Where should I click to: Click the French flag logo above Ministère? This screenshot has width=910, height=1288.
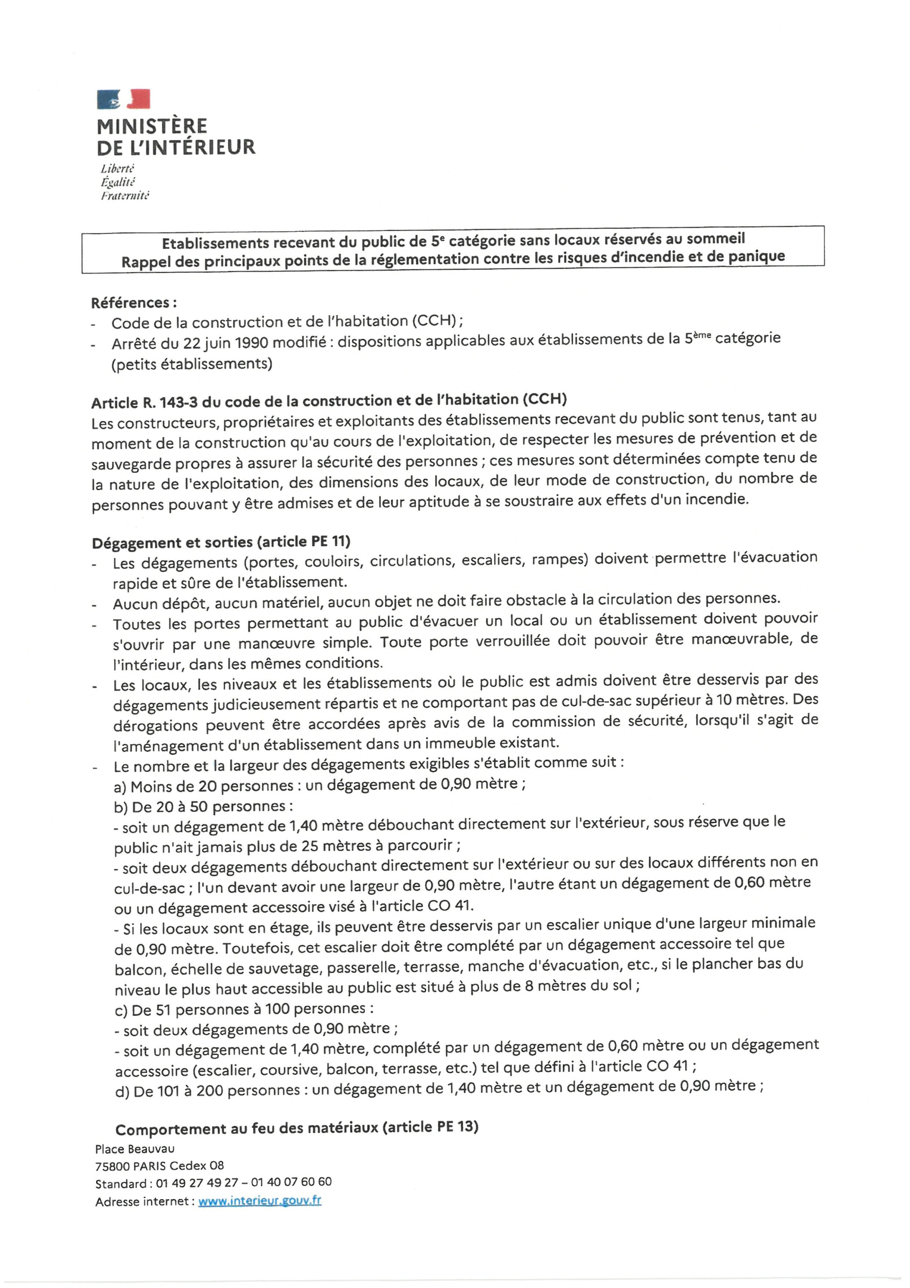coord(124,99)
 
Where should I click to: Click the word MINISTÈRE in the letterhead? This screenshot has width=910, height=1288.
coord(152,126)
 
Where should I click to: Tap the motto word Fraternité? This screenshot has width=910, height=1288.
coord(125,196)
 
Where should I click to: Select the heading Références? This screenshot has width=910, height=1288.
coord(134,303)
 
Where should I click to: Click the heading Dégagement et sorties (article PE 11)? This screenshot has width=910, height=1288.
coord(221,543)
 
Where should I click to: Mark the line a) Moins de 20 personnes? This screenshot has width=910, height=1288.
coord(319,785)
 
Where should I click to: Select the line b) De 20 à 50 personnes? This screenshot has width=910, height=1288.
coord(203,806)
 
